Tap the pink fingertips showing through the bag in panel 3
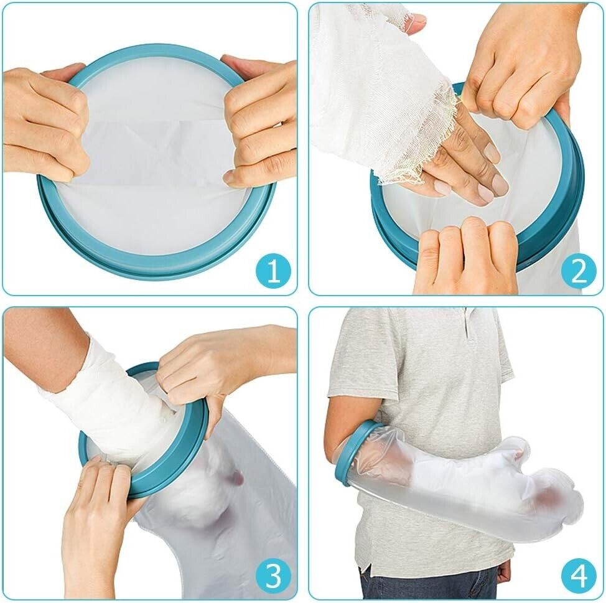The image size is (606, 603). pyautogui.click(x=233, y=478)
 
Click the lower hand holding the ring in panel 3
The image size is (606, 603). pyautogui.click(x=96, y=526)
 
